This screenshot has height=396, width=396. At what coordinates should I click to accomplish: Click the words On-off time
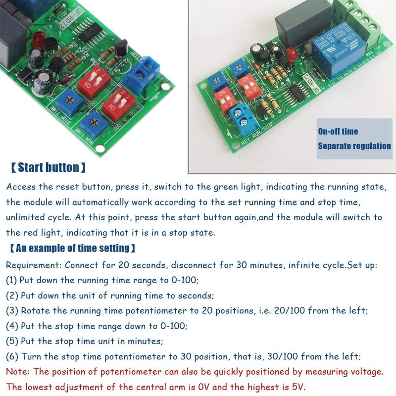338,132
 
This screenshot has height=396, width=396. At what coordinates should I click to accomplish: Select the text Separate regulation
354,146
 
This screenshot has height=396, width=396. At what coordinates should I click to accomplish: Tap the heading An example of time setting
72,247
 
